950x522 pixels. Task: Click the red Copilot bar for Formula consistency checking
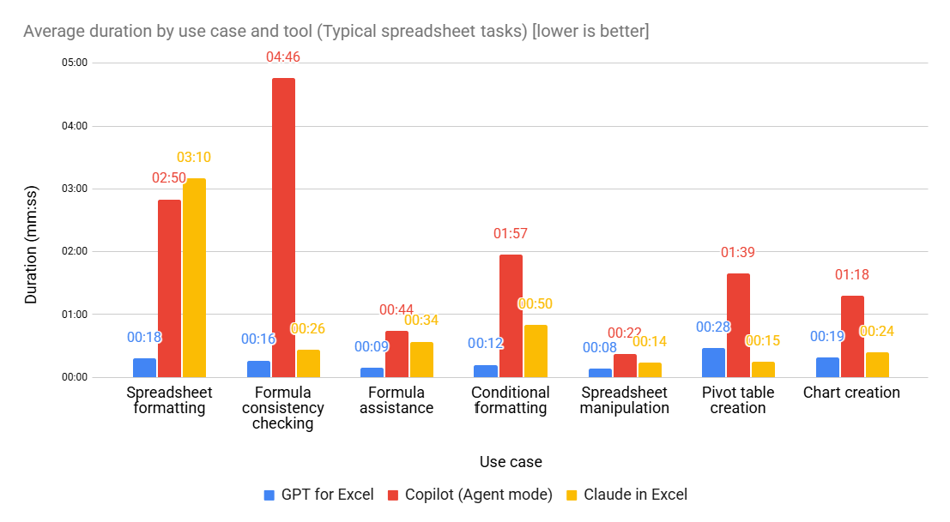pyautogui.click(x=283, y=227)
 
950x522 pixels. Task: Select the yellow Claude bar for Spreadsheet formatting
pyautogui.click(x=194, y=278)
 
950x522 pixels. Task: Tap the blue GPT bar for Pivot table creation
pyautogui.click(x=713, y=363)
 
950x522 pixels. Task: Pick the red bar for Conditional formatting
pyautogui.click(x=511, y=315)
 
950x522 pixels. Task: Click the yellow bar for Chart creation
pyautogui.click(x=877, y=364)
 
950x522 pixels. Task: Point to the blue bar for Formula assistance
pyautogui.click(x=372, y=372)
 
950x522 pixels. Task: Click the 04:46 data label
pyautogui.click(x=283, y=57)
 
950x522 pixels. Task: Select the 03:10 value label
pyautogui.click(x=194, y=158)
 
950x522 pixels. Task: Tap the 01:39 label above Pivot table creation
pyautogui.click(x=738, y=253)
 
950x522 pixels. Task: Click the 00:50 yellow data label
pyautogui.click(x=535, y=304)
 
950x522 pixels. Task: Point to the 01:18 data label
pyautogui.click(x=852, y=275)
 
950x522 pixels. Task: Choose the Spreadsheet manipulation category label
pyautogui.click(x=624, y=400)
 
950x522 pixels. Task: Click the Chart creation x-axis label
pyautogui.click(x=851, y=393)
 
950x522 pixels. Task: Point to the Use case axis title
pyautogui.click(x=511, y=462)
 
